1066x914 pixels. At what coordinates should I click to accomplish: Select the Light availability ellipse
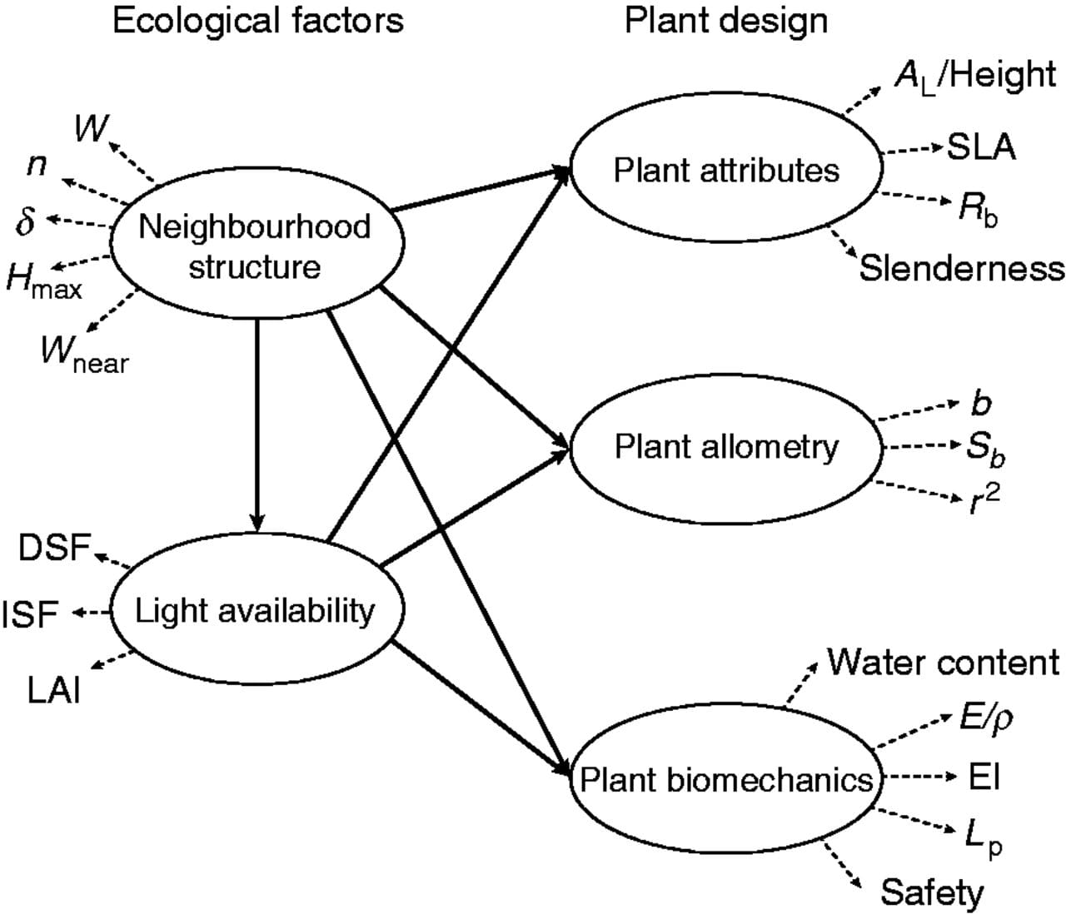(255, 612)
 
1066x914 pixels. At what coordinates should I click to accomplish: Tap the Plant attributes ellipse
(725, 171)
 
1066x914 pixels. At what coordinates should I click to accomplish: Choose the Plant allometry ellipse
(725, 447)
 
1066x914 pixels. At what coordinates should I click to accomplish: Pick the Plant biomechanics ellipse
(725, 780)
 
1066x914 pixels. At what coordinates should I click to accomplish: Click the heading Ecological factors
(257, 21)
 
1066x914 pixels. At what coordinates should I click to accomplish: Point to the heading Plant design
(726, 21)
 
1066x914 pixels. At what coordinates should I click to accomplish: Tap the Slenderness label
(962, 269)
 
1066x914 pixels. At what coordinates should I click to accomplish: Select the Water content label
(943, 663)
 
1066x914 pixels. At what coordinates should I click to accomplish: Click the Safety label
(932, 892)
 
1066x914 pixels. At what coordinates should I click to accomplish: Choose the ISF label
(30, 614)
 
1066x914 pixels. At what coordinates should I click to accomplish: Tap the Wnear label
(84, 355)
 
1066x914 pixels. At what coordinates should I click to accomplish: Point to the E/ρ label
(986, 717)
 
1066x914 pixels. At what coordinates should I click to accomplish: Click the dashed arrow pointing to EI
(916, 777)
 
